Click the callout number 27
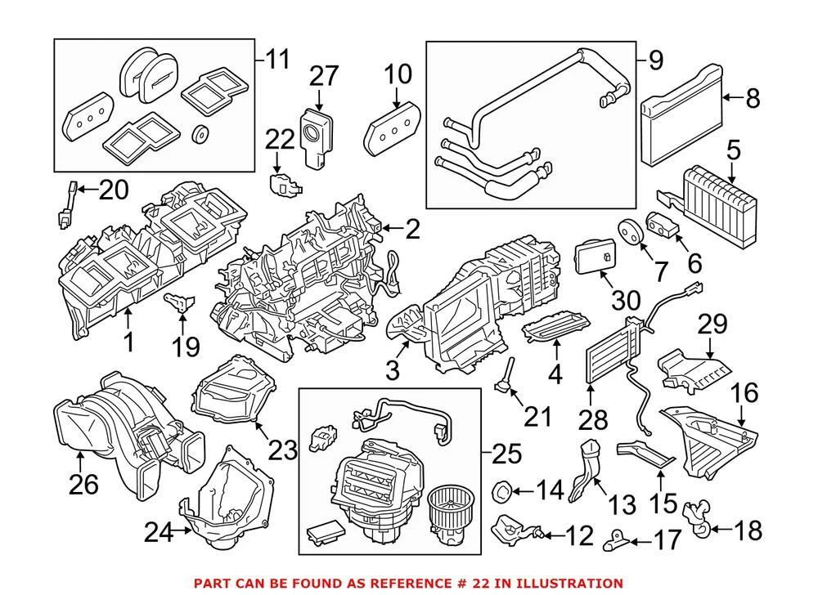pyautogui.click(x=323, y=76)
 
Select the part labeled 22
pyautogui.click(x=283, y=185)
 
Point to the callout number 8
pyautogui.click(x=753, y=98)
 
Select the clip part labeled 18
pyautogui.click(x=695, y=517)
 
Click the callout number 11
pyautogui.click(x=276, y=59)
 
